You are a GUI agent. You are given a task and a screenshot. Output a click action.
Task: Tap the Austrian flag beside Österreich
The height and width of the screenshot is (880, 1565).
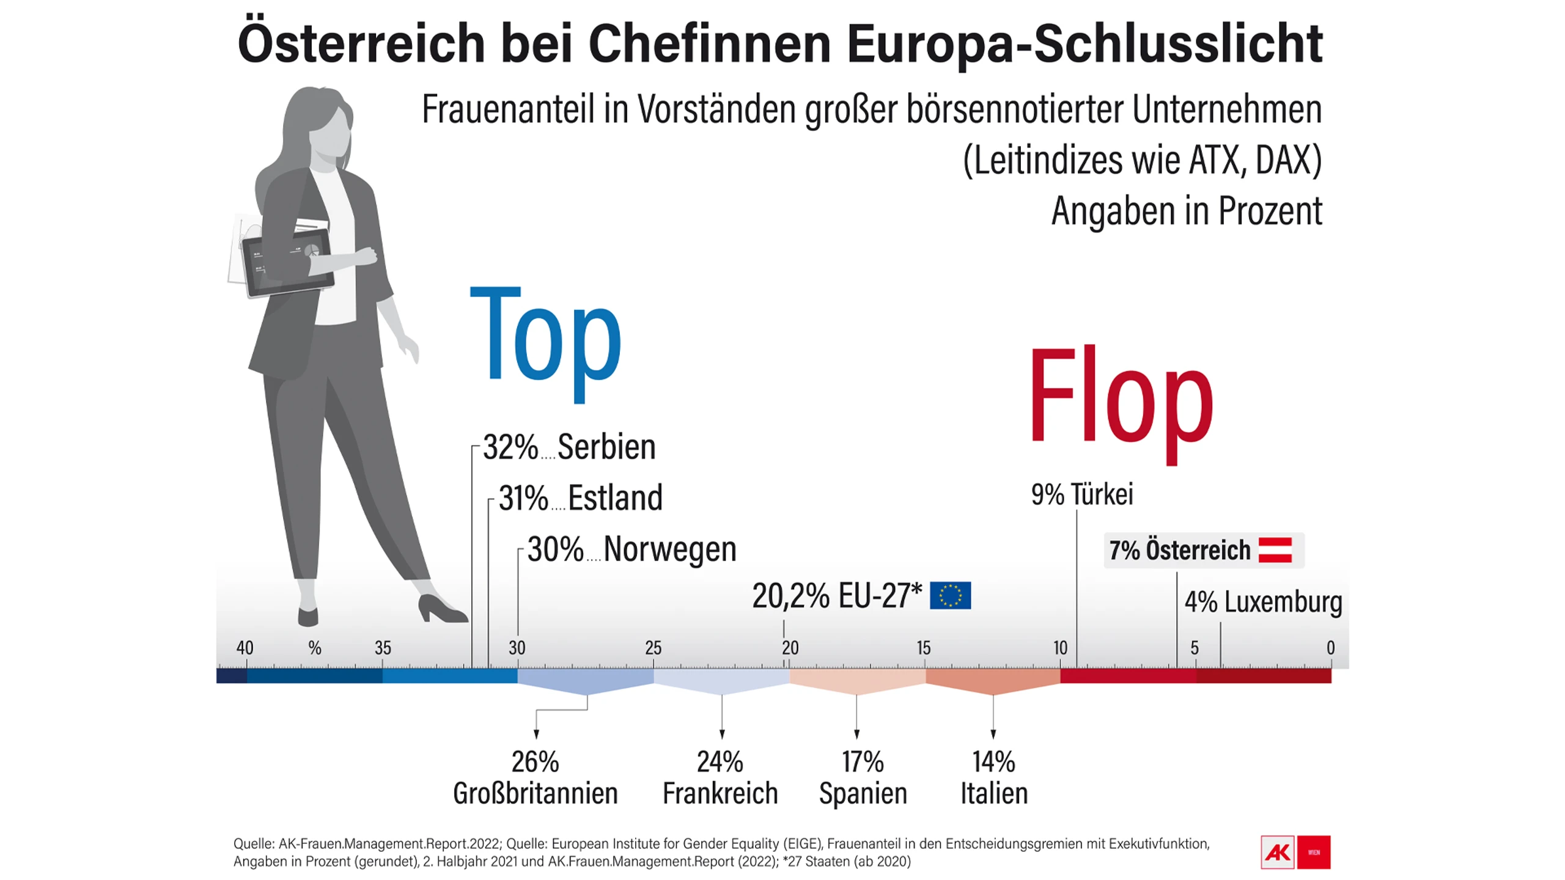coord(1275,549)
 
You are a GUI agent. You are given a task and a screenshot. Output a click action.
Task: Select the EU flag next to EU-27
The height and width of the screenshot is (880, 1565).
coord(950,595)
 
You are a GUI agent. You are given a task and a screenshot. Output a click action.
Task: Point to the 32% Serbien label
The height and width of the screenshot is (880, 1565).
coord(569,447)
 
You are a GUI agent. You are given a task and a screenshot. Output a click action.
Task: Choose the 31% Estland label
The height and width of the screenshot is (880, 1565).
coord(580,497)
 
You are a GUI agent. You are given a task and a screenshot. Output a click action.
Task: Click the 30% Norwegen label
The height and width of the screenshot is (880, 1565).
coord(632,549)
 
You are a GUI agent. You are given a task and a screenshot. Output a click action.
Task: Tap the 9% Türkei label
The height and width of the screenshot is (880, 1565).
coord(1082,494)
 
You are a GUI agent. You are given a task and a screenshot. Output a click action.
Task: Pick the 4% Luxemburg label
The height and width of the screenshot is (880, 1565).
coord(1263,601)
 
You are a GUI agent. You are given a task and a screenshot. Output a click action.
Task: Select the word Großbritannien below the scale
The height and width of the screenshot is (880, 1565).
coord(536,793)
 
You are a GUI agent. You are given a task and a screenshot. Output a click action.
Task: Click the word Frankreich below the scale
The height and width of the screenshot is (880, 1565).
coord(720,793)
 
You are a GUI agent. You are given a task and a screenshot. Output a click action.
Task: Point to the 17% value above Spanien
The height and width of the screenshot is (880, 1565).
coord(863,762)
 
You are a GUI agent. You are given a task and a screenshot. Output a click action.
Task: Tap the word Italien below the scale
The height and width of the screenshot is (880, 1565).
coord(994,793)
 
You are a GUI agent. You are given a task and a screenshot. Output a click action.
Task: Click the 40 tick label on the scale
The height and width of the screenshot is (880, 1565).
coord(245,648)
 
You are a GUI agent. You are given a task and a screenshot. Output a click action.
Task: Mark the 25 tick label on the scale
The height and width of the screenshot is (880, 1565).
coord(653,648)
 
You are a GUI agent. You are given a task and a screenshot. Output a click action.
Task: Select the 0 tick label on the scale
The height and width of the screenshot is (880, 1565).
coord(1330,648)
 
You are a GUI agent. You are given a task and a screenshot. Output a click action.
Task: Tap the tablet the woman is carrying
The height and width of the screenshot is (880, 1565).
coord(287,263)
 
